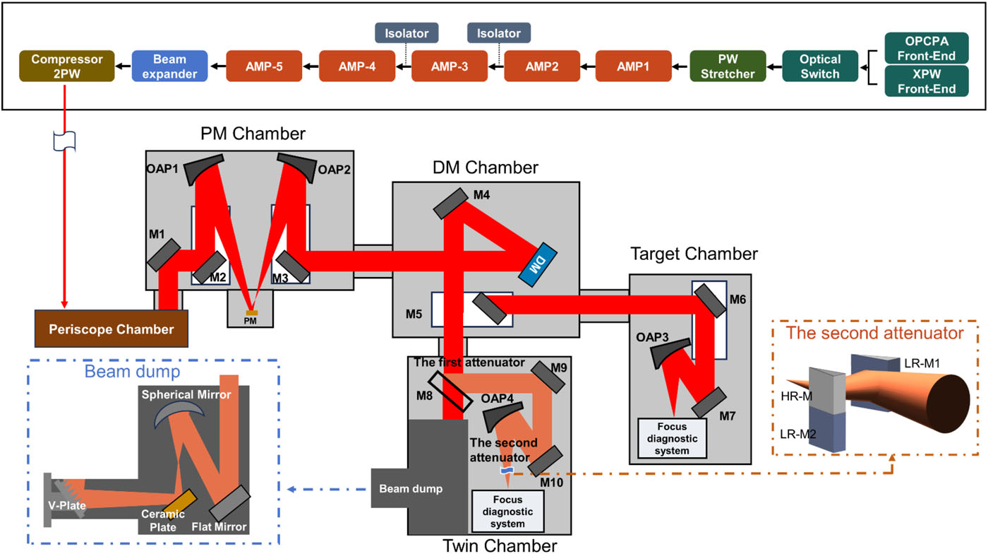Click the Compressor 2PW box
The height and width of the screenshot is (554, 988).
(x=67, y=66)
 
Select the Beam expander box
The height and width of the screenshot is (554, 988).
(x=170, y=66)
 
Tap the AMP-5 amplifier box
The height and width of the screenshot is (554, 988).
(x=264, y=66)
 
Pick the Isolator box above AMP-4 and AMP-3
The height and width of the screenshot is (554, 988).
(x=406, y=33)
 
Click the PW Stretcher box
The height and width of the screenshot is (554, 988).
(x=728, y=66)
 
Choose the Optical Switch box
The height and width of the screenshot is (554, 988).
(x=820, y=66)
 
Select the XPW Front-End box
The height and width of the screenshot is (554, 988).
(x=927, y=81)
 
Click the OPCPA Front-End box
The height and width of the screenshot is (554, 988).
(x=927, y=48)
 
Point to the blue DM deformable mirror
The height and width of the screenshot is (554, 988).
(x=538, y=264)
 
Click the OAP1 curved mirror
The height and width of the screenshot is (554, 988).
(x=202, y=168)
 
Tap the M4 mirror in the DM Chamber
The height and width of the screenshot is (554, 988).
(x=451, y=204)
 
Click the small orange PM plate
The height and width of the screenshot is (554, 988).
(x=252, y=313)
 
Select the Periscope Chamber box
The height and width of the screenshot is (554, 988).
(x=112, y=329)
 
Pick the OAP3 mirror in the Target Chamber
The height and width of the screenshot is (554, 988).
(x=668, y=352)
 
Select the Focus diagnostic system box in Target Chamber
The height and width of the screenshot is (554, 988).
(x=672, y=438)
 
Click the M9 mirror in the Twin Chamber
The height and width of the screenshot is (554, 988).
(x=548, y=377)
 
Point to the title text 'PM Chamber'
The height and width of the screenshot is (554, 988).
(x=253, y=134)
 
